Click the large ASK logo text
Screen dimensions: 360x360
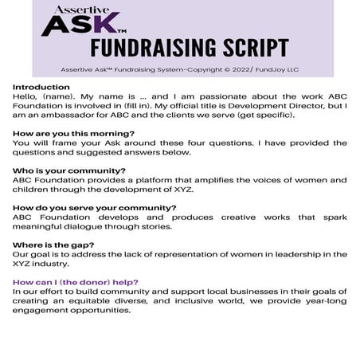click(81, 25)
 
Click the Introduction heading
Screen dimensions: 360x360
click(41, 86)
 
